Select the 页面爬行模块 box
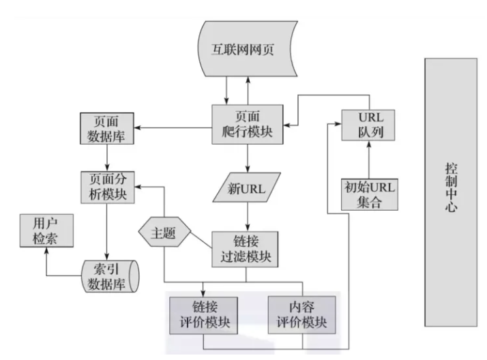pyautogui.click(x=247, y=123)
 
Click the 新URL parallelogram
pyautogui.click(x=247, y=186)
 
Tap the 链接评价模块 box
pyautogui.click(x=204, y=313)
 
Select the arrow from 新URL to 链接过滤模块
pyautogui.click(x=247, y=216)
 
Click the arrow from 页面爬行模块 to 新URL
pyautogui.click(x=247, y=157)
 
